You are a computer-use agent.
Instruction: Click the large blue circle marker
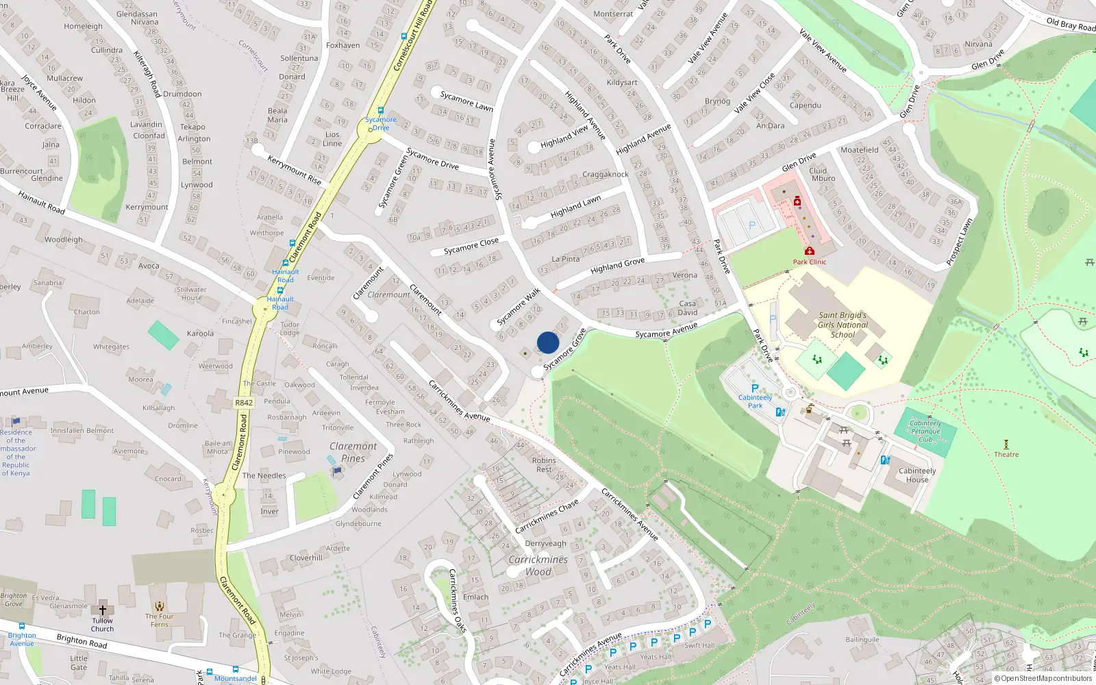tap(548, 342)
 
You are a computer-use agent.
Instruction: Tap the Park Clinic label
tap(810, 262)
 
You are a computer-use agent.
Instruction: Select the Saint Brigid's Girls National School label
tap(843, 325)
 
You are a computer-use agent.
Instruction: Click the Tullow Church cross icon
tap(103, 609)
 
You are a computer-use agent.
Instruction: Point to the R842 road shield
tap(244, 403)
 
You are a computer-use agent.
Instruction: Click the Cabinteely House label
tap(917, 475)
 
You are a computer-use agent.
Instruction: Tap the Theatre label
tap(1006, 454)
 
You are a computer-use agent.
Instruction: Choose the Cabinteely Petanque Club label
tap(925, 431)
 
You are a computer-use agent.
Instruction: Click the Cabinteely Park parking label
tap(755, 401)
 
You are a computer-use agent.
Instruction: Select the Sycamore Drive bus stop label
tap(381, 123)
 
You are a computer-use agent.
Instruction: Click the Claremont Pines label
tap(353, 452)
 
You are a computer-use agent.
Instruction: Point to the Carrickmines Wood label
tap(538, 565)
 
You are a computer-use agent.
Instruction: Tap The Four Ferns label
tap(159, 620)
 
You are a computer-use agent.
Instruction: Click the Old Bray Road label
tap(1071, 25)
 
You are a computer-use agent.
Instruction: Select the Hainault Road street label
tap(41, 203)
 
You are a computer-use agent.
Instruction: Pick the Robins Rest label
tap(544, 464)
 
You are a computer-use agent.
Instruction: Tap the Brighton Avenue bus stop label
tap(22, 639)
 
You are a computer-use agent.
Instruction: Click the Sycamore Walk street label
tap(518, 306)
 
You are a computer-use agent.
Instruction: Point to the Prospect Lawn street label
tap(959, 242)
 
